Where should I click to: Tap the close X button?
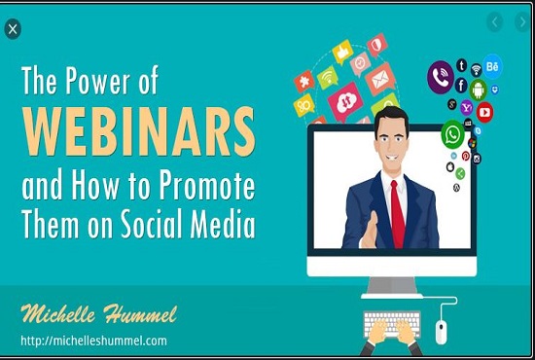[x=12, y=29]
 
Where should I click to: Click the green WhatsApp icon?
[x=451, y=134]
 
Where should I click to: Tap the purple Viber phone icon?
[x=441, y=75]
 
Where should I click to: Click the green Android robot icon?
[x=478, y=90]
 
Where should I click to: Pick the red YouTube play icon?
[x=484, y=112]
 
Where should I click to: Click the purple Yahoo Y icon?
[x=467, y=107]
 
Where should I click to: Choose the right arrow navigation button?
[x=518, y=21]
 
